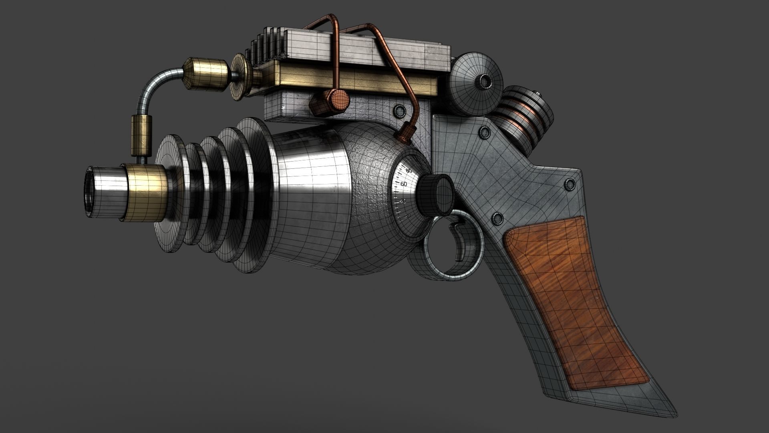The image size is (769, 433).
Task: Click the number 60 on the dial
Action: click(x=403, y=184)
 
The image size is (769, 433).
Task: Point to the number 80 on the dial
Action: click(x=409, y=171)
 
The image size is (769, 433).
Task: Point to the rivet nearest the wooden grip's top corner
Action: click(x=497, y=218)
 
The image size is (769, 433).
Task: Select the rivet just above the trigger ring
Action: click(x=497, y=218)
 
